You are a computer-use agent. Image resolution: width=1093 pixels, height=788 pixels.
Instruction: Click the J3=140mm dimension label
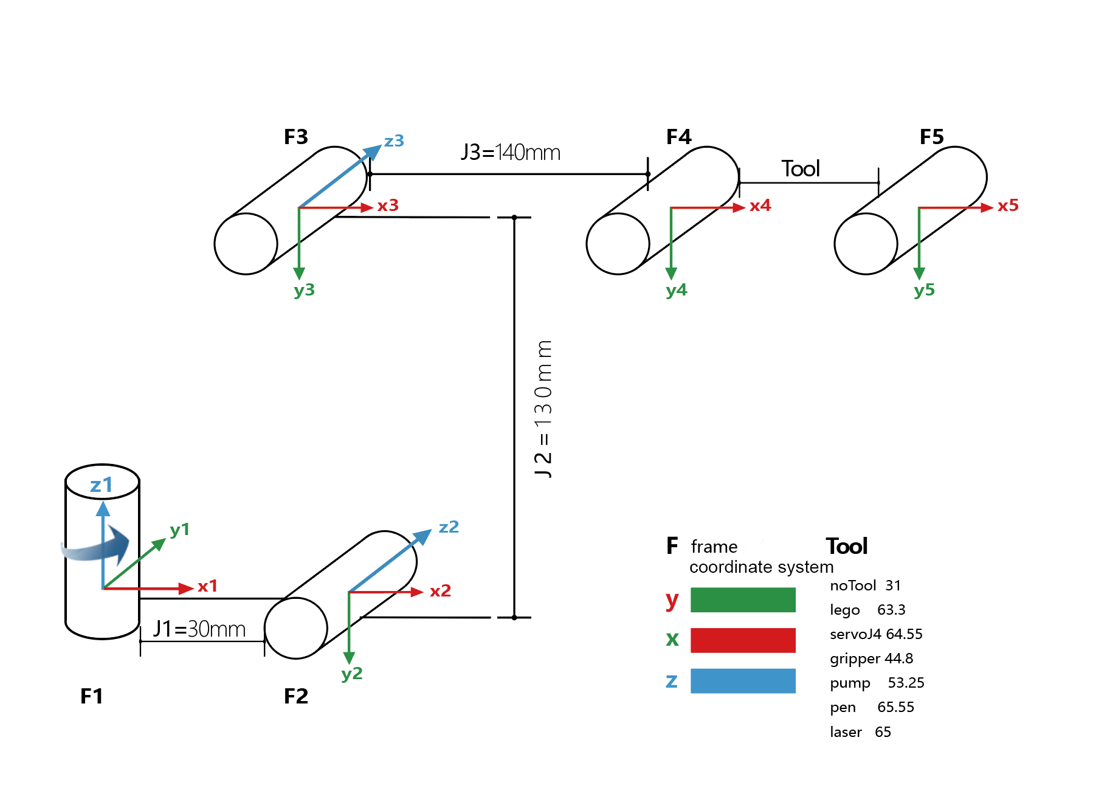[x=510, y=152]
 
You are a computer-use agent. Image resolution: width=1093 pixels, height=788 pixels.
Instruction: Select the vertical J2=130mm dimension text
[x=543, y=409]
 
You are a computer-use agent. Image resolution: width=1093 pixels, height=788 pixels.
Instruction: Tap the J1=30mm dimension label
[x=199, y=629]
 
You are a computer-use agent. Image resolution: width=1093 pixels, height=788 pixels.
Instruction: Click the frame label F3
[x=296, y=137]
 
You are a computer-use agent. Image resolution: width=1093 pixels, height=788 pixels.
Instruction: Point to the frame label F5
[x=931, y=137]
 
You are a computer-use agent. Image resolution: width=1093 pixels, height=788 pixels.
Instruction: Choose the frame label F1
[x=92, y=696]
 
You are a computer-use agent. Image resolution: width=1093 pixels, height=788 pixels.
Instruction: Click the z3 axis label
[x=394, y=141]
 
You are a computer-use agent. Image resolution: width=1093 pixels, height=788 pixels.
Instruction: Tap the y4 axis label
[x=676, y=290]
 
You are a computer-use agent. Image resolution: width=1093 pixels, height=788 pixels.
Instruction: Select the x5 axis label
[x=1008, y=206]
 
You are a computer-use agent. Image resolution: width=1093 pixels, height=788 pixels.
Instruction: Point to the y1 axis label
[x=180, y=530]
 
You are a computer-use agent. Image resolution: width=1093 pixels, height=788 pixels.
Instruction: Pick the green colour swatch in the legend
[x=743, y=600]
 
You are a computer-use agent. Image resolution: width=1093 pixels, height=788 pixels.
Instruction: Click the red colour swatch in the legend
[x=743, y=640]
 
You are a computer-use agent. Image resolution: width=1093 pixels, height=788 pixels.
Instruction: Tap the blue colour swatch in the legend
[x=743, y=681]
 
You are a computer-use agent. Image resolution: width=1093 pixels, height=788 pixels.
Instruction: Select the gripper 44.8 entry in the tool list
[x=871, y=658]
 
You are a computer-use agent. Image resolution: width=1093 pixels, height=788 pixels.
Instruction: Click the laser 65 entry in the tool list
[x=860, y=732]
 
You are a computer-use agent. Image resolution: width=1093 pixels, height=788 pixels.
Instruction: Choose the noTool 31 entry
[x=865, y=586]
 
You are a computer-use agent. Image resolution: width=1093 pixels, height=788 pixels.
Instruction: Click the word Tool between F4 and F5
[x=801, y=168]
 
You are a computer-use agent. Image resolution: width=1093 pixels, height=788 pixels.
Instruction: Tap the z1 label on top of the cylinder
[x=102, y=485]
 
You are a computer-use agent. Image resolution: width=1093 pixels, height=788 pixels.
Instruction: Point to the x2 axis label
[x=440, y=591]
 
